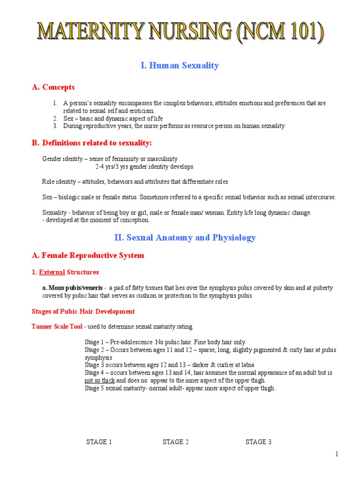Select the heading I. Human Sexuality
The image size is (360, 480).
[180, 66]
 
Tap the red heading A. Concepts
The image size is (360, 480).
[53, 87]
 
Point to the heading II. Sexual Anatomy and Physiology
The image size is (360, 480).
[185, 238]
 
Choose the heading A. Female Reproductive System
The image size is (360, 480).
[88, 255]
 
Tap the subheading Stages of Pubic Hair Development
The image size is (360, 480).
[83, 311]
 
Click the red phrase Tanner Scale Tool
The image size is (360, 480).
[57, 326]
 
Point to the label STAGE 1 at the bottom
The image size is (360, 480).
[99, 442]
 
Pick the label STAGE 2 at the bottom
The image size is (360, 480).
[176, 442]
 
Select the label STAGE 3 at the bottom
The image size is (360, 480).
[258, 442]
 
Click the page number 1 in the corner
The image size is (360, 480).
[337, 454]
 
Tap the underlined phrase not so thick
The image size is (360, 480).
[99, 380]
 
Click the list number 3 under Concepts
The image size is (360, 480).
[55, 126]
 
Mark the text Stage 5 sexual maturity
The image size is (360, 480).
[115, 388]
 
